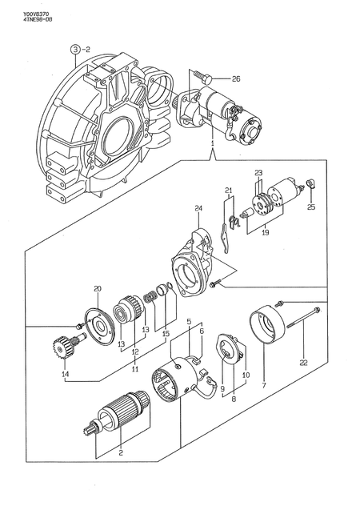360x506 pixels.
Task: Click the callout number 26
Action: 235,78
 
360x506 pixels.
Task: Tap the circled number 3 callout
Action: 75,49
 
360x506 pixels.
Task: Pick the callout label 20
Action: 97,289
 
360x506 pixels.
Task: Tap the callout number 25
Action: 311,207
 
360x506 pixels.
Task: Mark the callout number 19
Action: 264,234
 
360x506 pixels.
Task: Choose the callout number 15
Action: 166,334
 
